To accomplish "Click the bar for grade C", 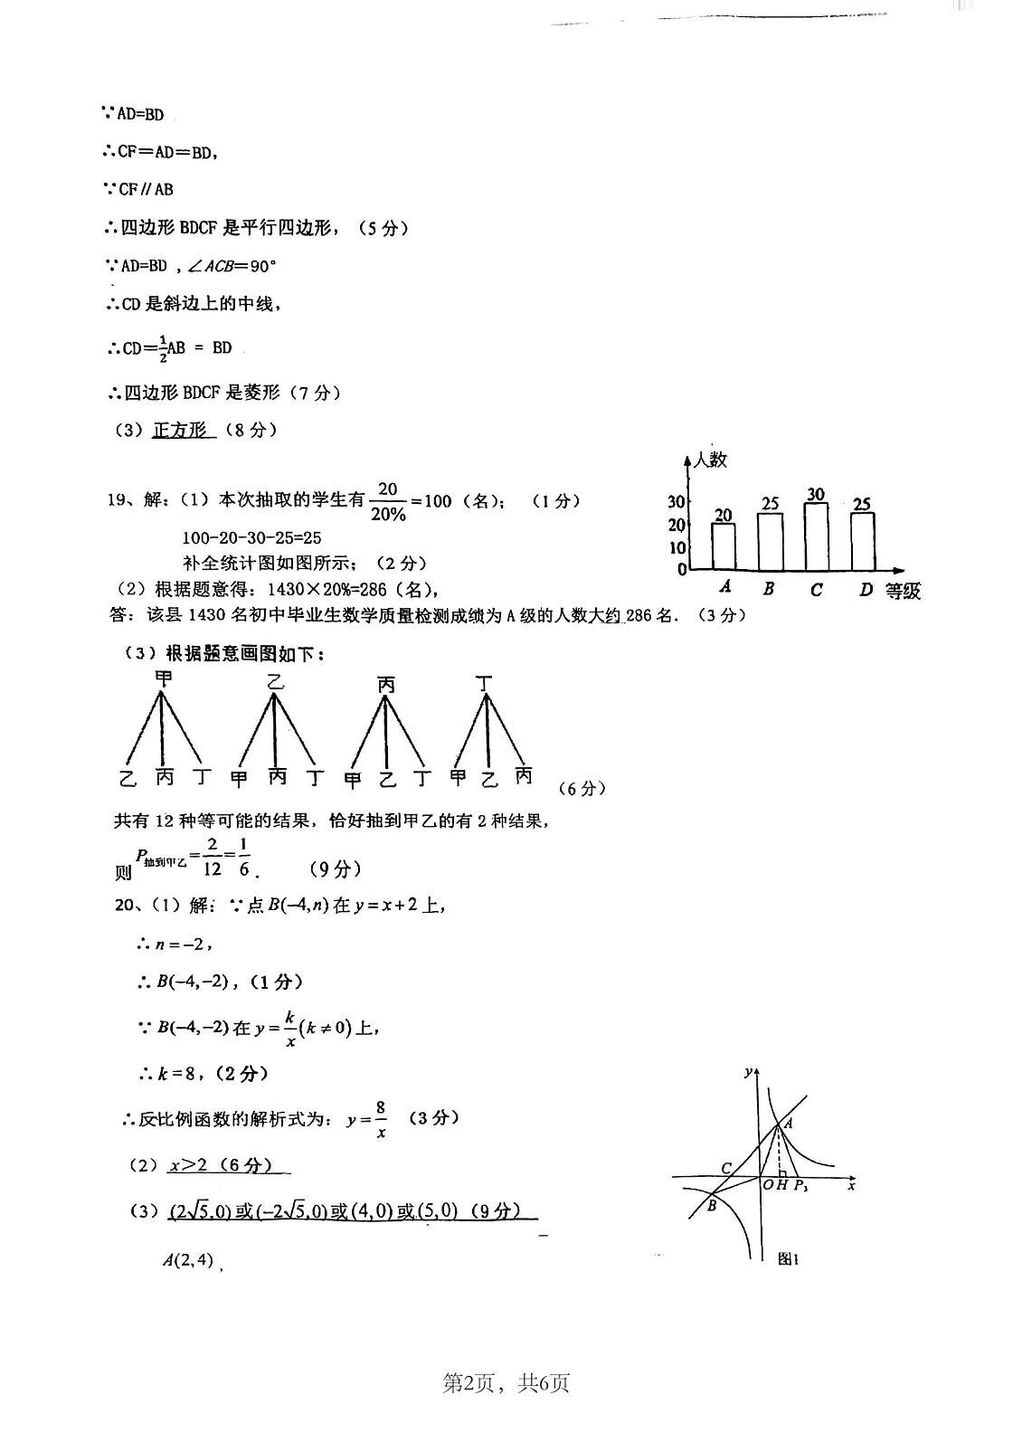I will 817,536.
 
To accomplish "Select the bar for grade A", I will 724,546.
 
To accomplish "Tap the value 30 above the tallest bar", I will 816,494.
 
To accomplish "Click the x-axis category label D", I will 866,590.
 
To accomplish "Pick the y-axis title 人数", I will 710,460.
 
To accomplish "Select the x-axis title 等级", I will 903,592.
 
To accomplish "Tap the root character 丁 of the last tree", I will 487,684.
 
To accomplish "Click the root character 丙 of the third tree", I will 386,685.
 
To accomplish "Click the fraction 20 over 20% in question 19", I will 388,501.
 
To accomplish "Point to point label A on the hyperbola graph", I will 789,1123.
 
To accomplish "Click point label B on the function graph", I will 712,1205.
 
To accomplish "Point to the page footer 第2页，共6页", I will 506,1382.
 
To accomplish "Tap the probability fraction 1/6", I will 244,858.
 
